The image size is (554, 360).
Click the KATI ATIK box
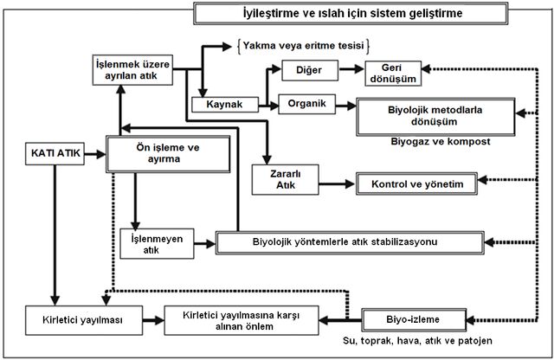tap(55, 154)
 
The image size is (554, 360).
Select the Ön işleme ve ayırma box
tap(168, 154)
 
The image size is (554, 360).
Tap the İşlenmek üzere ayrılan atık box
tap(132, 70)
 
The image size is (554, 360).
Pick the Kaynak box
tap(225, 105)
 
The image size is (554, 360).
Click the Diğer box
tap(310, 70)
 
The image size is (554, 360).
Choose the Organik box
tap(307, 104)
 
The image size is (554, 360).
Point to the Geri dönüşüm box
tap(393, 74)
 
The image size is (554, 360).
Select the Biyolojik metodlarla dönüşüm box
tap(435, 117)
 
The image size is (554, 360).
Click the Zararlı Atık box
tap(285, 179)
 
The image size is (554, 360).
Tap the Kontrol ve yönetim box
tap(416, 183)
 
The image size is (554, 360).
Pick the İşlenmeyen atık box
tap(157, 244)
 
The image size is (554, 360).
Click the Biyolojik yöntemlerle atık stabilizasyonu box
tap(350, 242)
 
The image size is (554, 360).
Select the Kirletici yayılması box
tap(84, 320)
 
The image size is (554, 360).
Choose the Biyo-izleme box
tap(414, 319)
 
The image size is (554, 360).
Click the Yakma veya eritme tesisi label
tap(304, 46)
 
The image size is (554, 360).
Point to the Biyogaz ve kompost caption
tap(441, 142)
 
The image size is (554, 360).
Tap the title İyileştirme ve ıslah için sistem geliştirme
tap(351, 14)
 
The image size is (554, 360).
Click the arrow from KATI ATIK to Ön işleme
tap(95, 154)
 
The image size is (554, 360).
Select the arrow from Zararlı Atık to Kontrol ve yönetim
tap(337, 183)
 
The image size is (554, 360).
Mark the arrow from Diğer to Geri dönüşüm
tap(351, 69)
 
